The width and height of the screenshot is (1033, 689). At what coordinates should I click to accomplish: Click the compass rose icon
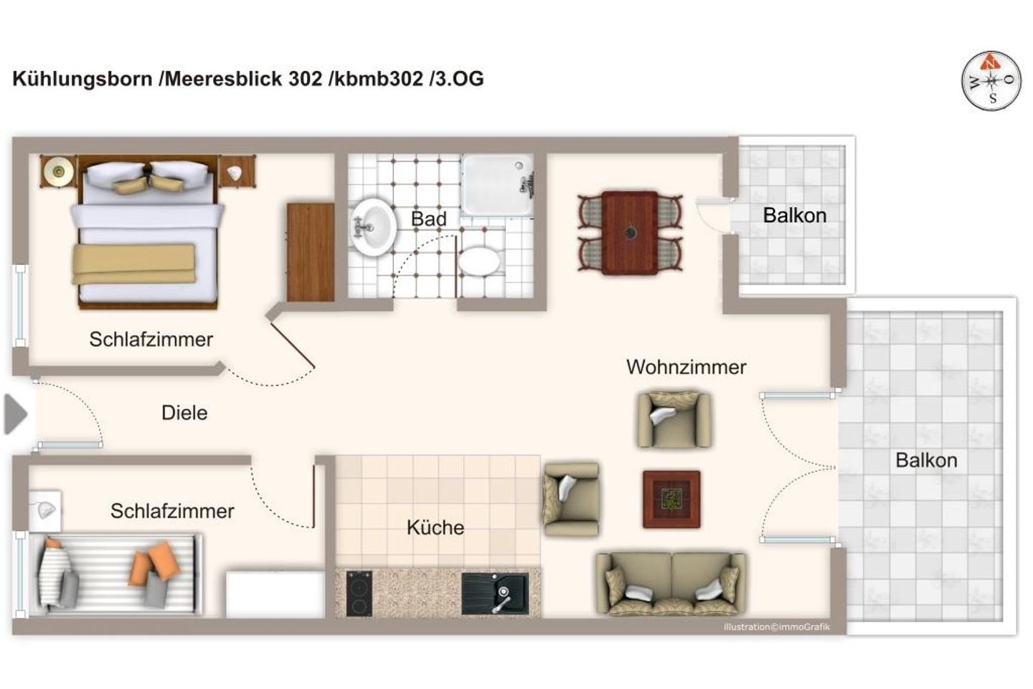point(991,81)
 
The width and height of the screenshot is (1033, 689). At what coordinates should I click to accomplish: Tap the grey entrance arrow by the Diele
point(15,414)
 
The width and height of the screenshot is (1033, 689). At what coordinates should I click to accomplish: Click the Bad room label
point(428,219)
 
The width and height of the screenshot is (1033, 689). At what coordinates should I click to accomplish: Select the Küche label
point(435,528)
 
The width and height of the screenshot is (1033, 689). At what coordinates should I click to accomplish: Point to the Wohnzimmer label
point(686,367)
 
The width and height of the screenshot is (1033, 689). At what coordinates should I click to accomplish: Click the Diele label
point(184,413)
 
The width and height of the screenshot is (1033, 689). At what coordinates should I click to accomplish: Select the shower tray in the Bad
point(496,185)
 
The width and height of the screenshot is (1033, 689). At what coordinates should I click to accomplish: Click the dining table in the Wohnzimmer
point(630,233)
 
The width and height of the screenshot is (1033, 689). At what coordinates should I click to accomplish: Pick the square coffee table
point(671,499)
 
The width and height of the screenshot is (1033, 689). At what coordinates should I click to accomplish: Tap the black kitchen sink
point(495,594)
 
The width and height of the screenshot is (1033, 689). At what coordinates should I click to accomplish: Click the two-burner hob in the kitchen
point(359,593)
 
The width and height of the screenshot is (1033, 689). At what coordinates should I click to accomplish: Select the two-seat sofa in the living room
point(671,583)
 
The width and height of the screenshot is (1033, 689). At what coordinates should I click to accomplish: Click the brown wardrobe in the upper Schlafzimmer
point(310,252)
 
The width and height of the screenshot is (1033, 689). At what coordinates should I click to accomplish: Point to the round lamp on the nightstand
point(58,171)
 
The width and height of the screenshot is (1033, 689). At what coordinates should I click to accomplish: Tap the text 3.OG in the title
point(458,79)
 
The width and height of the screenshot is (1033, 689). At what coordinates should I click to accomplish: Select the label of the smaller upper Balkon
point(794,215)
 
